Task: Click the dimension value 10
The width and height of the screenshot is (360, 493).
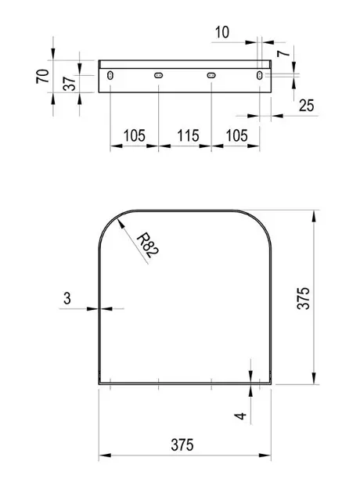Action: pos(222,32)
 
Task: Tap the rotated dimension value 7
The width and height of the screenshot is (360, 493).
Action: pos(283,52)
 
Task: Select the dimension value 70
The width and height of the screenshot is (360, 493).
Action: pos(43,76)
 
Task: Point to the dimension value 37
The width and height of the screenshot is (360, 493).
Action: pos(70,83)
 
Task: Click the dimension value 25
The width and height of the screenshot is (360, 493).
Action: pos(306,106)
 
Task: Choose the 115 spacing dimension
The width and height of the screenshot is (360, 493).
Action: pos(188,136)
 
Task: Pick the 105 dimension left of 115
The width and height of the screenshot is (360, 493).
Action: pos(135,136)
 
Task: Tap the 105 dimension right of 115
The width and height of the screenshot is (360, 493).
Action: pos(237,136)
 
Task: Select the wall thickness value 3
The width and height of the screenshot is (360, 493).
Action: pos(67,298)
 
